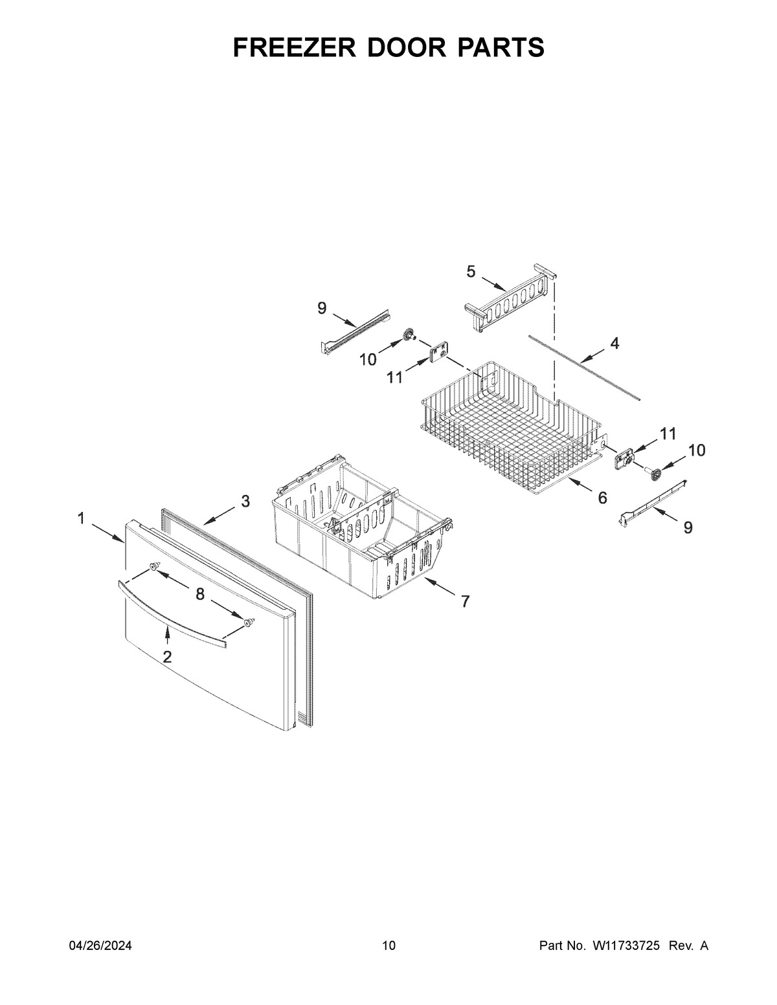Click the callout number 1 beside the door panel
(x=81, y=518)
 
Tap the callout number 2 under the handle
(x=167, y=657)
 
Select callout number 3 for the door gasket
(x=245, y=500)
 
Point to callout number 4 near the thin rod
(x=614, y=344)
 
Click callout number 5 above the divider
(x=471, y=272)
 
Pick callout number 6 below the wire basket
(x=602, y=498)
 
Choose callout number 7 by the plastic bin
(x=465, y=601)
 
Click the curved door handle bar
(x=172, y=614)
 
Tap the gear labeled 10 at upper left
(x=408, y=335)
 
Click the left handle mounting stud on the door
(x=154, y=566)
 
